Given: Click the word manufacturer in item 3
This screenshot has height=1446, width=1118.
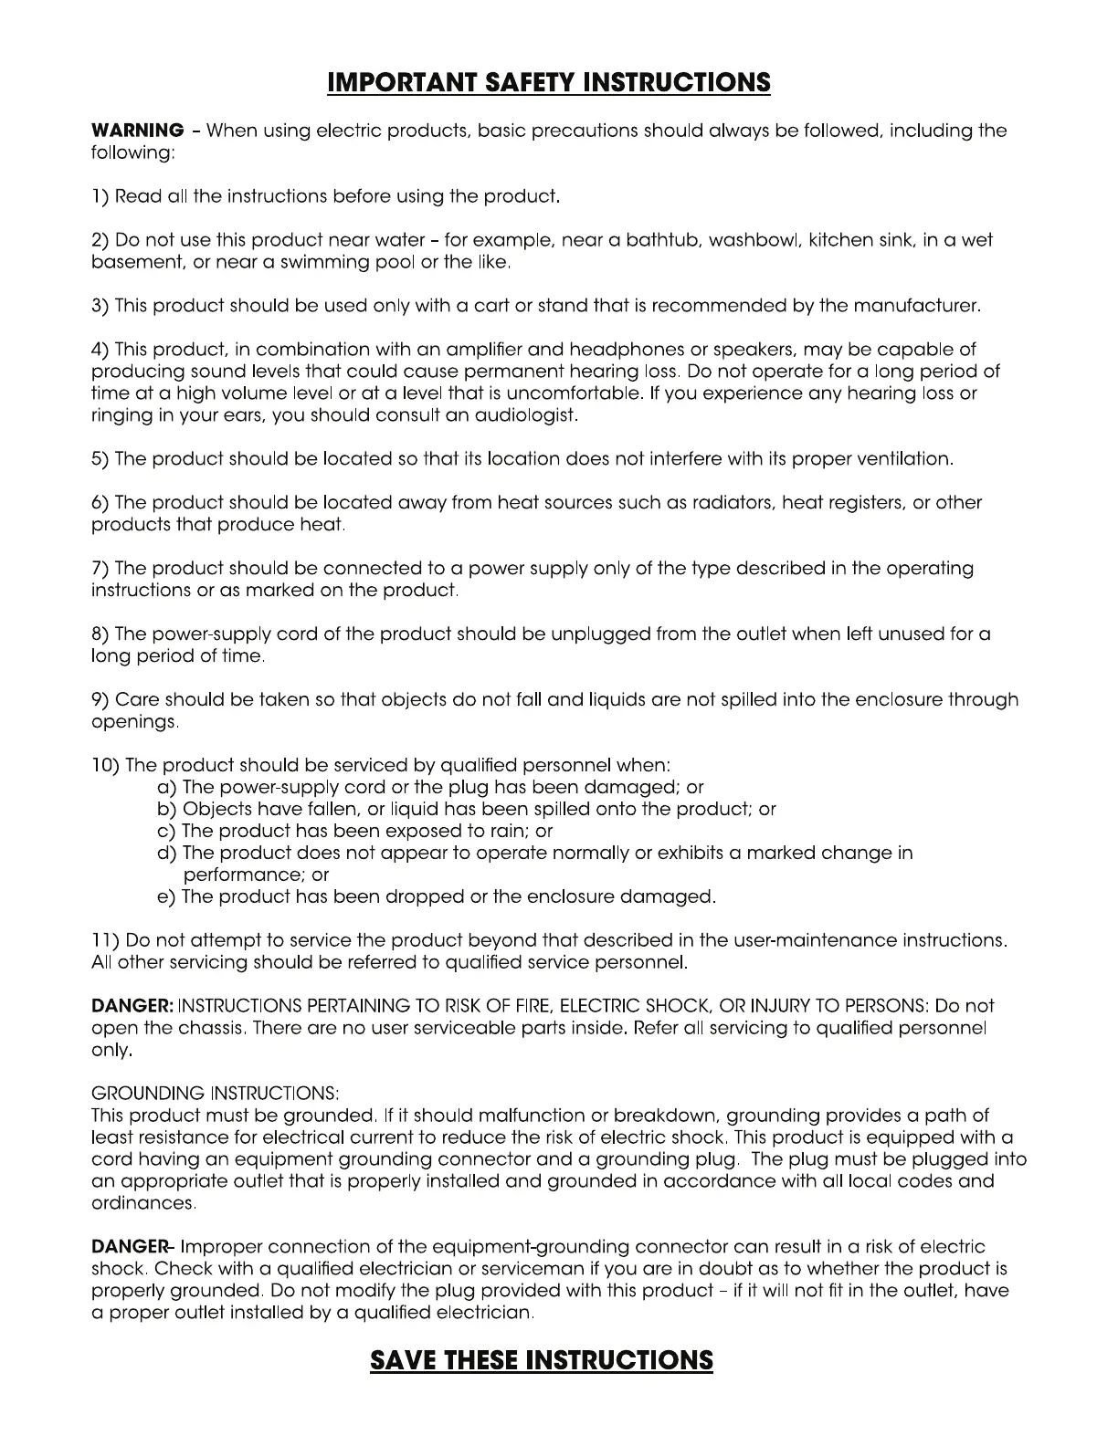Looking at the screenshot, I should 916,306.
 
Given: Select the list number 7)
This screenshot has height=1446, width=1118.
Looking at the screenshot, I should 100,569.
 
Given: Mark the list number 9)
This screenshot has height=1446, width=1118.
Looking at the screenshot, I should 100,700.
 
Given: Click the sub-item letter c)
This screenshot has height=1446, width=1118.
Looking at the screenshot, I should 167,831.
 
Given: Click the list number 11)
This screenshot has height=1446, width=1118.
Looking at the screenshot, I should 105,940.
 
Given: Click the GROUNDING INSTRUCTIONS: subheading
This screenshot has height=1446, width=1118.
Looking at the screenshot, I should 216,1094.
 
